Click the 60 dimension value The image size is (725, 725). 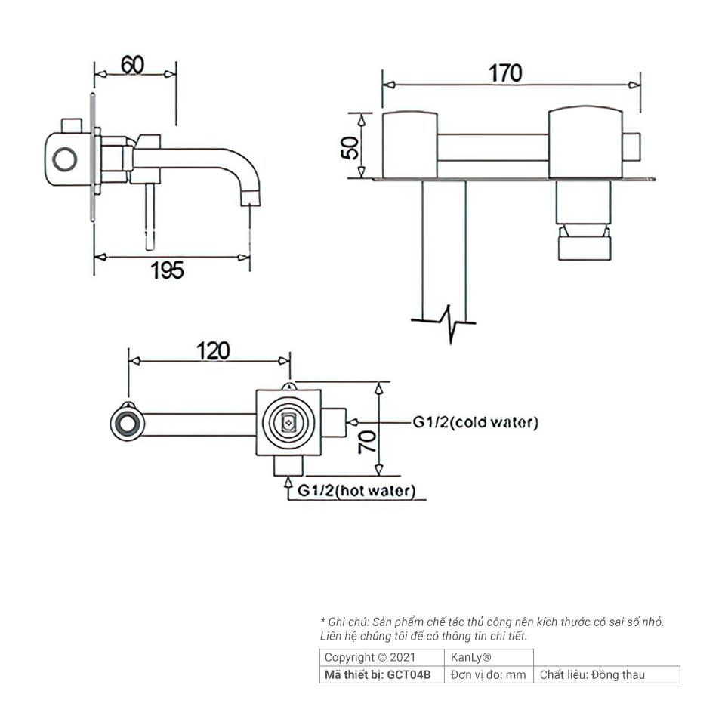[x=133, y=65]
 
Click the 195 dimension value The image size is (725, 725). [x=168, y=270]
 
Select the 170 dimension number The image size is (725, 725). [x=505, y=73]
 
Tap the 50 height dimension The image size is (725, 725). [x=350, y=147]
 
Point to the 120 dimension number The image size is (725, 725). [x=213, y=351]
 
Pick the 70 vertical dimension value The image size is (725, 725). [x=368, y=442]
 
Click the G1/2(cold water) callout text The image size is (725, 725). [x=475, y=422]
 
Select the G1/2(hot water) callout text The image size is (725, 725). [x=356, y=491]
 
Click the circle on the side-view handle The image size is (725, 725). [x=65, y=159]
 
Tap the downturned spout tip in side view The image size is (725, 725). [x=251, y=198]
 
